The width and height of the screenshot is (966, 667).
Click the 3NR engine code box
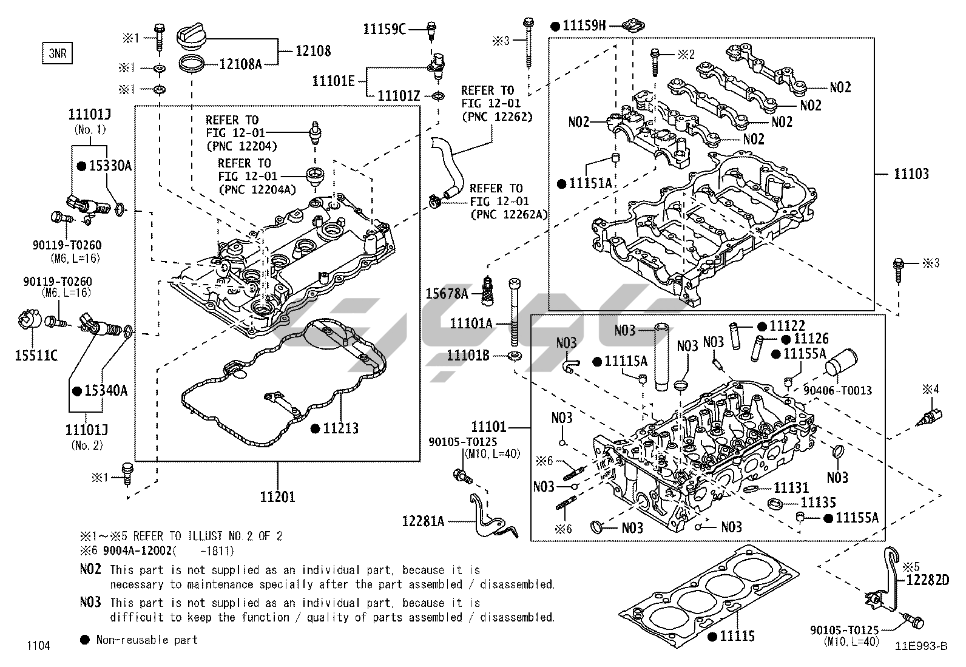[x=57, y=53]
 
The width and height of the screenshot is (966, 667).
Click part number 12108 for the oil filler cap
[x=313, y=50]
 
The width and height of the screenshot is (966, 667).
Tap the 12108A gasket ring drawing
[x=193, y=63]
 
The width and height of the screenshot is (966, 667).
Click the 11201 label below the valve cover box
[x=277, y=496]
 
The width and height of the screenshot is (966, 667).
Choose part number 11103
[x=911, y=174]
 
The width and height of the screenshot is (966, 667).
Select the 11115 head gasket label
[x=737, y=636]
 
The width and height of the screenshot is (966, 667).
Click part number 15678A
[x=447, y=294]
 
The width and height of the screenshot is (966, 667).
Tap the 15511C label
[x=36, y=355]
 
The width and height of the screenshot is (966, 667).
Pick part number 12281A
[x=423, y=521]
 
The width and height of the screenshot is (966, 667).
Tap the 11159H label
[x=584, y=25]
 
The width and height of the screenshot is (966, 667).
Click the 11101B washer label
[x=468, y=355]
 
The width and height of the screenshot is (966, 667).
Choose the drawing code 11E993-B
[x=920, y=646]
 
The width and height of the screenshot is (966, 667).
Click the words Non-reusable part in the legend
[x=147, y=640]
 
